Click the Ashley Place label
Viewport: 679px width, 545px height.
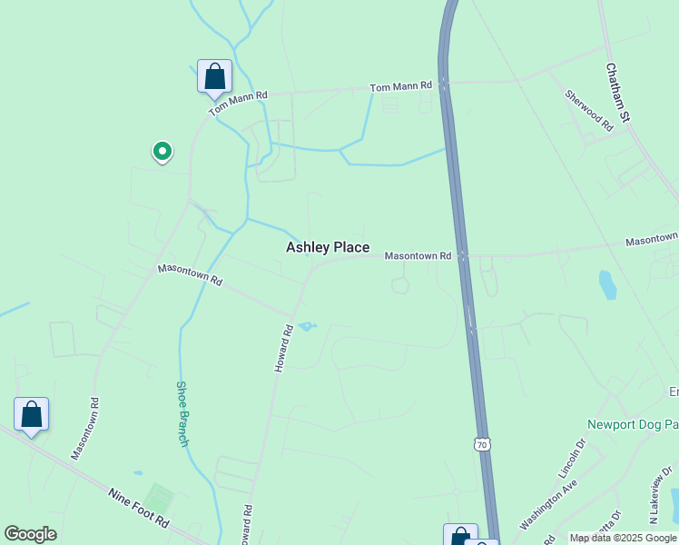point(328,247)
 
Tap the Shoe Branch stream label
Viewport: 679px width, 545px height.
point(182,413)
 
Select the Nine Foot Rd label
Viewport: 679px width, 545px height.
point(139,508)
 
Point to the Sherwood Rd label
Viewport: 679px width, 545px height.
point(588,111)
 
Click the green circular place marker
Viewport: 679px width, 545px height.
point(162,151)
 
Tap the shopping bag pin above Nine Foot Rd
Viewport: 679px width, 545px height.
point(31,414)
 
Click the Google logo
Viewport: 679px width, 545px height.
point(30,534)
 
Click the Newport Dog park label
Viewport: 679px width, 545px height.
point(633,424)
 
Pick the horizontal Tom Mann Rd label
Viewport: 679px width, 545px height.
point(400,86)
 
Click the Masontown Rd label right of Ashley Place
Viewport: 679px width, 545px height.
point(418,256)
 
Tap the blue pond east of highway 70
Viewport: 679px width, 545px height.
point(607,285)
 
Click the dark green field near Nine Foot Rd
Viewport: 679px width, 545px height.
point(159,498)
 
